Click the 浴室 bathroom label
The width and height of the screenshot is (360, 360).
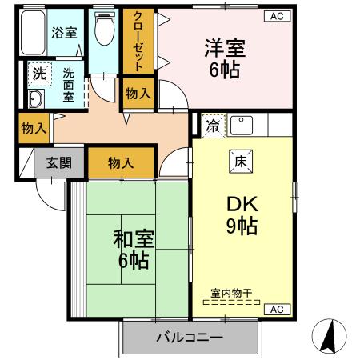tap(65, 33)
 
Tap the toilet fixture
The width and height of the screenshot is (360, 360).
tap(103, 32)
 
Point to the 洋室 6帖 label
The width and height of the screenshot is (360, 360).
tap(224, 58)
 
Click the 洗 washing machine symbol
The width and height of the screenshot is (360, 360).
tap(38, 73)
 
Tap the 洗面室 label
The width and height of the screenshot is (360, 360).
tap(68, 82)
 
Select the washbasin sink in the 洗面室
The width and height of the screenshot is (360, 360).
tap(35, 99)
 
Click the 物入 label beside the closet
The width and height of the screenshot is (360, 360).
tap(138, 93)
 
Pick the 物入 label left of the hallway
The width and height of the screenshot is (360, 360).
tap(33, 127)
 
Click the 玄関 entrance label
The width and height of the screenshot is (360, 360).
tap(58, 162)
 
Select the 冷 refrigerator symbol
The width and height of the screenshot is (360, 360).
tap(213, 125)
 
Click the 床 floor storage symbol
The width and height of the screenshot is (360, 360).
tap(239, 159)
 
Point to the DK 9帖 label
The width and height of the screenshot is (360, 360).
tap(239, 214)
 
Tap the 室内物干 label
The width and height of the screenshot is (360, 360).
tap(231, 294)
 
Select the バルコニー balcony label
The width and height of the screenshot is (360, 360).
tap(190, 338)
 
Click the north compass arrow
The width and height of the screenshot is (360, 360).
tap(330, 337)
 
